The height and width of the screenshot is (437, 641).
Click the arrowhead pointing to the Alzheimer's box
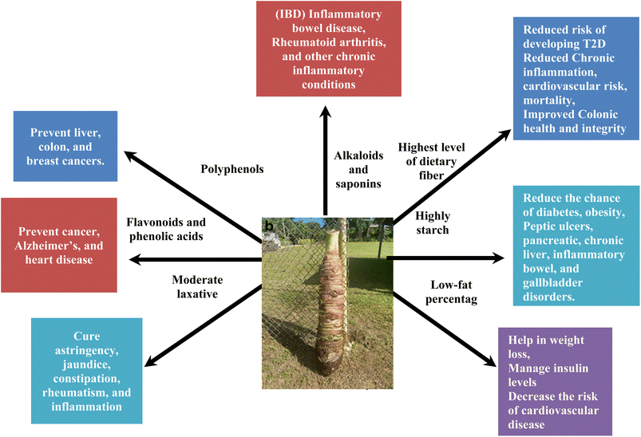tap(136, 258)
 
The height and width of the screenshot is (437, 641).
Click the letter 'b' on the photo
tap(270, 226)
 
